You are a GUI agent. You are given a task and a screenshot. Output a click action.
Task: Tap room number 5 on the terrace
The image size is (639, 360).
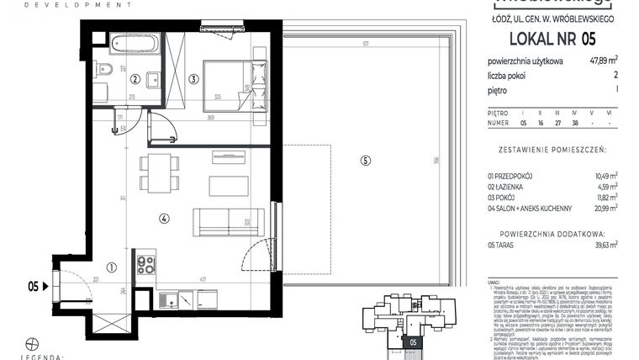coord(364,161)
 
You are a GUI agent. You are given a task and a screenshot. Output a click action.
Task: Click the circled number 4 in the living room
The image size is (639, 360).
coord(164,218)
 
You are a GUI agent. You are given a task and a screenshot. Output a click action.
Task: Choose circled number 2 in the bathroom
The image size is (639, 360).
coord(135,80)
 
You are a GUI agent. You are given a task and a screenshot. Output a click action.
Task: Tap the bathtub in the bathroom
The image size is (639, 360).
coord(135,45)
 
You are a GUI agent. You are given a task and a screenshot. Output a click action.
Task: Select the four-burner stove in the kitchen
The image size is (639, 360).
coord(146,265)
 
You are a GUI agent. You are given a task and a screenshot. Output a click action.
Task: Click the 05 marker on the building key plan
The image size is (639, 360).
coord(412,341)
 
